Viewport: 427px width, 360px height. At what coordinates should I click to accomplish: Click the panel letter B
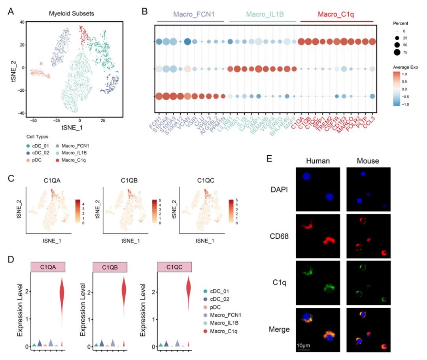point(145,11)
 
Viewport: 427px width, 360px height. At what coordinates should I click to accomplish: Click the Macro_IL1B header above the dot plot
point(262,14)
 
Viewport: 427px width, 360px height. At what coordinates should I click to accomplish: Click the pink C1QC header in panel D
point(175,268)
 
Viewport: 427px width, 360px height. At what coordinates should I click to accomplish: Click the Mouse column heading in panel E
point(368,161)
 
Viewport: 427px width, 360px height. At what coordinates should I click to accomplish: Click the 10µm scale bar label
point(303,347)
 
